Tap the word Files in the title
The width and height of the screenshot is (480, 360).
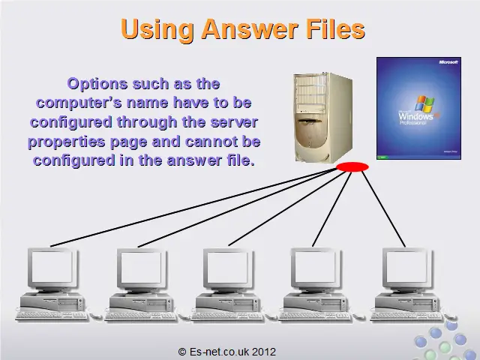(x=335, y=28)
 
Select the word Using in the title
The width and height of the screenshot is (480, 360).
(x=157, y=30)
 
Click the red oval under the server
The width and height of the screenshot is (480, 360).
(x=352, y=166)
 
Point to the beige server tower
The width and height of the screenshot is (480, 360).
(x=323, y=118)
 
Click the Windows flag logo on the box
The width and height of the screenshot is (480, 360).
(x=424, y=103)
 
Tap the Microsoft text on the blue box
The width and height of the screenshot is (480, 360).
(x=448, y=62)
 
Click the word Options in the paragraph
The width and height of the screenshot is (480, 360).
(x=97, y=84)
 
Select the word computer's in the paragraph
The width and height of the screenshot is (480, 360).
(x=79, y=103)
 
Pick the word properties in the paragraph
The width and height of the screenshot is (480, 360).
(x=67, y=142)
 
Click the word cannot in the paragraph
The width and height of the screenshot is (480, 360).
(x=211, y=142)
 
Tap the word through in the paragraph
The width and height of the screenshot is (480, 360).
(x=147, y=122)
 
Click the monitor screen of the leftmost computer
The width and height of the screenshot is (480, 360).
(x=52, y=268)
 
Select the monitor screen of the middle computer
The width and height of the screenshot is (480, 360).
(x=227, y=268)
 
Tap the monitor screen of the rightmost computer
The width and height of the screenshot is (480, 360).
(x=406, y=268)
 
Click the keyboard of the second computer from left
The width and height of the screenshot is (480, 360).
(x=140, y=316)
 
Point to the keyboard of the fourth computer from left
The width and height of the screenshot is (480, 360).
(x=315, y=316)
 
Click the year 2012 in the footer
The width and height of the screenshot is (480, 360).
(x=264, y=352)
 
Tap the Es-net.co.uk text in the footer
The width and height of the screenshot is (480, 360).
(x=219, y=352)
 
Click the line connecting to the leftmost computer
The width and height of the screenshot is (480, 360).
(x=193, y=207)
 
